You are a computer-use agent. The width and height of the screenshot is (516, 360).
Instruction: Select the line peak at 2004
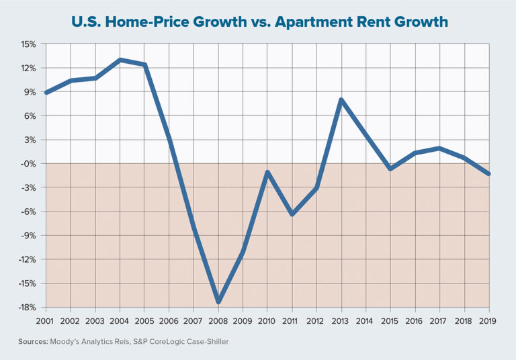[120, 60]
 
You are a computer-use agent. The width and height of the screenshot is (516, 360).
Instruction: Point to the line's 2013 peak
[341, 100]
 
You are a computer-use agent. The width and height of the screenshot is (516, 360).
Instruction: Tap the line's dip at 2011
[292, 214]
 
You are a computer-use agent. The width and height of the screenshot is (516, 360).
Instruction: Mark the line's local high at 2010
[267, 173]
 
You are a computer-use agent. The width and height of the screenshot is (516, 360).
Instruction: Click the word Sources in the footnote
[32, 342]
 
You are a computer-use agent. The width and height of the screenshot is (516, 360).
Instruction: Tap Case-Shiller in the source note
[209, 342]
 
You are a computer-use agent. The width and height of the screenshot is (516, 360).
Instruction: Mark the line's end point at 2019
[488, 174]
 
